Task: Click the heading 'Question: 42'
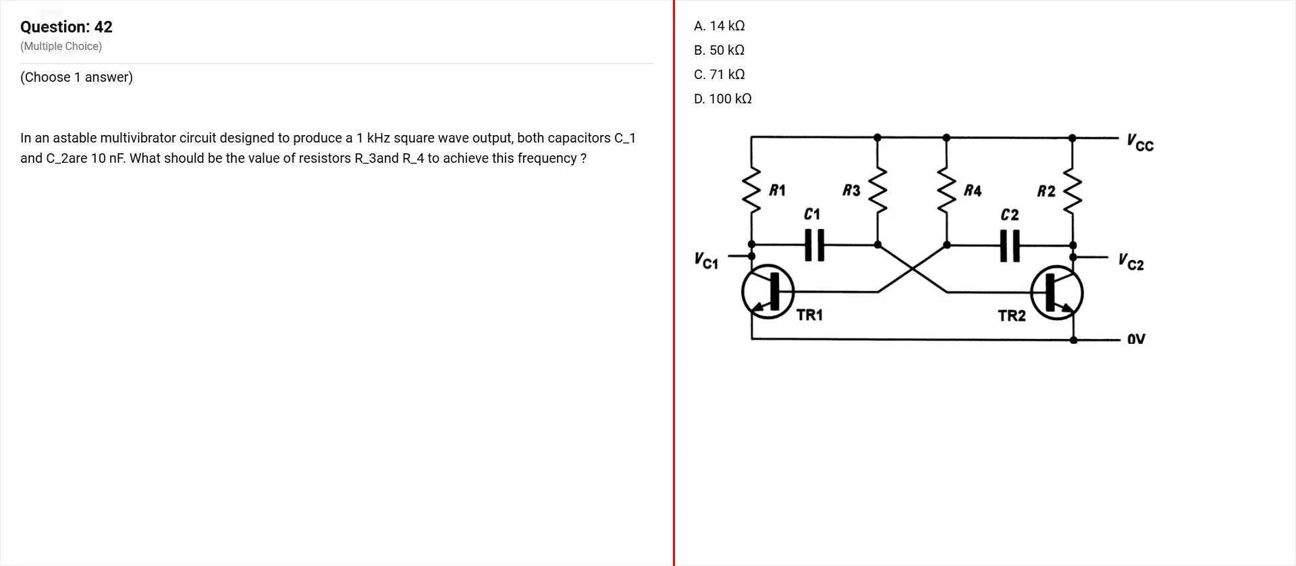66,27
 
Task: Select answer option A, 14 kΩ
719,26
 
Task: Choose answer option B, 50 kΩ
719,50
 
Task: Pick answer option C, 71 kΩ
719,74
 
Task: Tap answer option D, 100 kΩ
722,99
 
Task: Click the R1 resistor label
778,190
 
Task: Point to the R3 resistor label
852,190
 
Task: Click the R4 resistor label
973,190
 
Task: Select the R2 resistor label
1046,191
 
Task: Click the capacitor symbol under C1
815,245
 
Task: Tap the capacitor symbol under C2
1010,246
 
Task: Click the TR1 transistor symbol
768,292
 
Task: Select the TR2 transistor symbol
1057,292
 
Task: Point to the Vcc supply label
1140,143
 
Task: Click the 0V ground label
1136,338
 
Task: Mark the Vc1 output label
707,260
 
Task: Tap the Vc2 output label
1131,261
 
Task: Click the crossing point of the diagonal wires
913,269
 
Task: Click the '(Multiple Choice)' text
61,47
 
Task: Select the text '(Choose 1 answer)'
77,77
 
